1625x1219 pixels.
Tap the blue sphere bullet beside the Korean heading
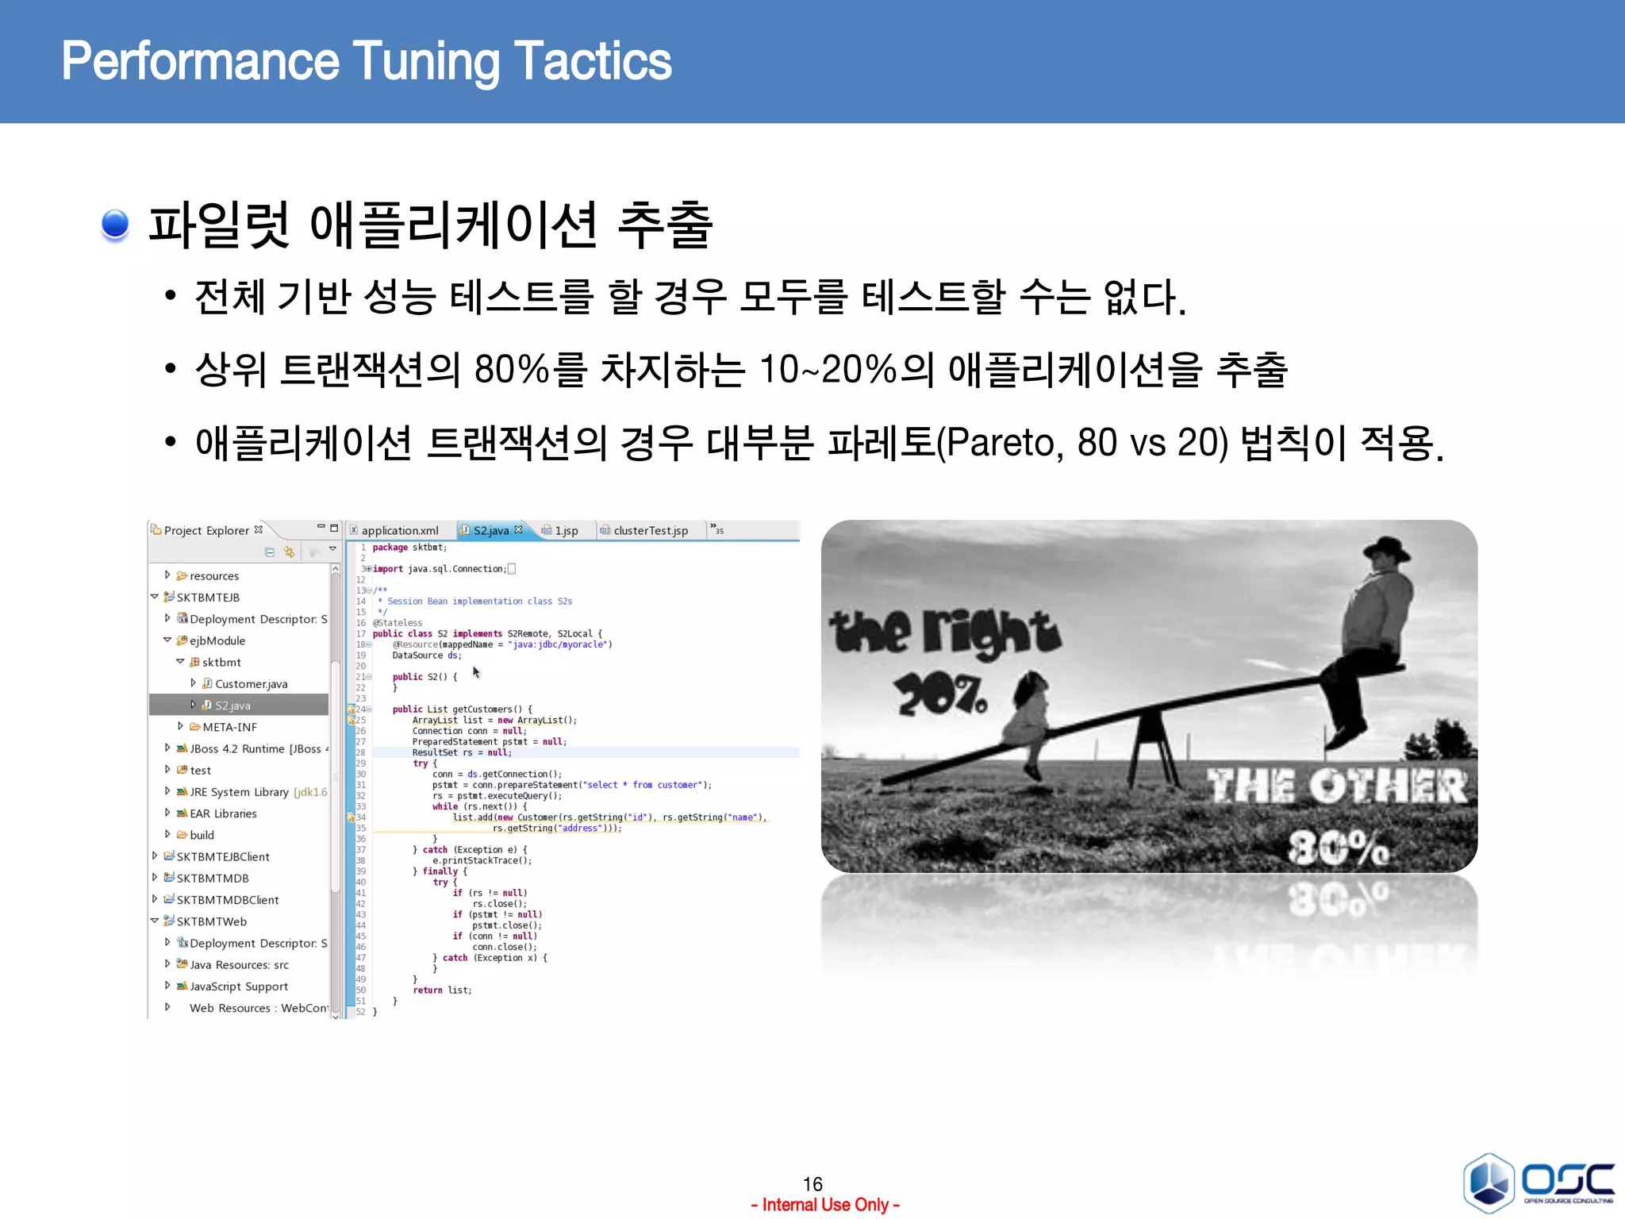tap(115, 225)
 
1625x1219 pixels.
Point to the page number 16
tap(812, 1184)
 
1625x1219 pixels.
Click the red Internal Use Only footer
tap(825, 1205)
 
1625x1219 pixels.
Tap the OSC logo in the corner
tap(1538, 1182)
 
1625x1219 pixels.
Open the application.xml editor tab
tap(399, 531)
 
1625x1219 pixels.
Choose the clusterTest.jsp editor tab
tap(650, 531)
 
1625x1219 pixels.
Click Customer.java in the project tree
tap(251, 684)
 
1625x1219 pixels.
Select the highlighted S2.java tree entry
tap(232, 706)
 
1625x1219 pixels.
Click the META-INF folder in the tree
tap(229, 727)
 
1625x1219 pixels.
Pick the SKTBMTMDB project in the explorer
tap(213, 879)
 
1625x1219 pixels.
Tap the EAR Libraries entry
tap(223, 813)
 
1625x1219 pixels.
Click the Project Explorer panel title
tap(206, 531)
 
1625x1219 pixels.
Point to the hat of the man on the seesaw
tap(1386, 549)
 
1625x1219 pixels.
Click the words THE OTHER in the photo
tap(1337, 786)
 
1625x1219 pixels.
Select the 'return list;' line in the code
tap(442, 990)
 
